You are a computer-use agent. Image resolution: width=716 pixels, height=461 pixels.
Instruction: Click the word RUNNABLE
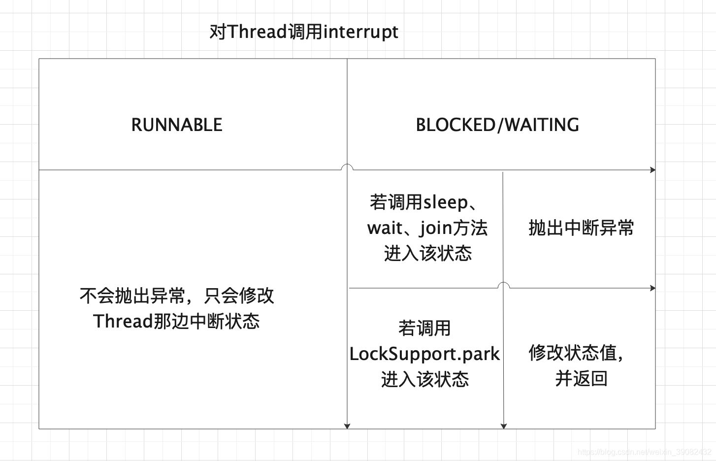coord(176,125)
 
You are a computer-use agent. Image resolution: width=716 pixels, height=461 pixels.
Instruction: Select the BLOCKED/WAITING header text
coord(497,125)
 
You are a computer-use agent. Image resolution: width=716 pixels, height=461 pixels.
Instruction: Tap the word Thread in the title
coord(257,32)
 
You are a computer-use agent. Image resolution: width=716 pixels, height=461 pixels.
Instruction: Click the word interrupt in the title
coord(360,32)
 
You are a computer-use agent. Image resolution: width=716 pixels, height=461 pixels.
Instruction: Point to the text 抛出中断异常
coord(581,228)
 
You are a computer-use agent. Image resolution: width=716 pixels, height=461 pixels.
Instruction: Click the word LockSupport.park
coord(424,354)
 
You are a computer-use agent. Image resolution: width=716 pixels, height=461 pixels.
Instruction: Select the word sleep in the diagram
coord(446,202)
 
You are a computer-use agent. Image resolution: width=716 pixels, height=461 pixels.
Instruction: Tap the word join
coord(436,228)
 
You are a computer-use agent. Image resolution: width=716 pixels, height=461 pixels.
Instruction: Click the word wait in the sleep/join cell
coord(384,228)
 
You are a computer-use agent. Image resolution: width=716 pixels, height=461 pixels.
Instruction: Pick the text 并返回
coord(581,378)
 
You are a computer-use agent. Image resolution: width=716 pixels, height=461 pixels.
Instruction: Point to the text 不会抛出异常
coord(132,296)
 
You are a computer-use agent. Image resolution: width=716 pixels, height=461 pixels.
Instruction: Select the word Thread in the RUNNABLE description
coord(123,321)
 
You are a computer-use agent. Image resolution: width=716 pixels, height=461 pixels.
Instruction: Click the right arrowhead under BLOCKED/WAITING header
coord(653,170)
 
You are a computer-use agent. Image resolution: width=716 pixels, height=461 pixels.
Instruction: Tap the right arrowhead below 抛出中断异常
coord(653,288)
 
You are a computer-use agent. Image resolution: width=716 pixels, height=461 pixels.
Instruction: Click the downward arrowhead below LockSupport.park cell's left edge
coord(347,426)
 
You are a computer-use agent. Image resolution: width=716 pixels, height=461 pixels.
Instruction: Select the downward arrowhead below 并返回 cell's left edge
coord(503,426)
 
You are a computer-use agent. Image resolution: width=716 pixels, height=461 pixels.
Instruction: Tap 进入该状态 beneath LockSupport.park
coord(424,379)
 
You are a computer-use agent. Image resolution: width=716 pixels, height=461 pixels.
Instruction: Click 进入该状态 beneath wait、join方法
coord(427,253)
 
